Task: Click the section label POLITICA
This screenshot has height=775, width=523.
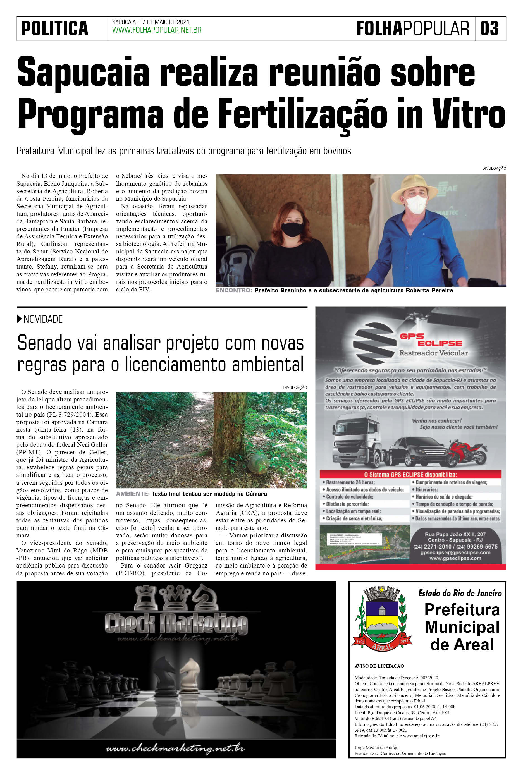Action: point(55,29)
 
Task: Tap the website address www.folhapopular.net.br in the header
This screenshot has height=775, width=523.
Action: point(157,30)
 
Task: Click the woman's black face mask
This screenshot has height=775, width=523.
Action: point(292,230)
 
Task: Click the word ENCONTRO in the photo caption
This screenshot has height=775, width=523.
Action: point(233,290)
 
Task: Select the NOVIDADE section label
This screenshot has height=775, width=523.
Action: point(43,319)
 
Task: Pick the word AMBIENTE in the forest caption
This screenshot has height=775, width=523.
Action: point(132,494)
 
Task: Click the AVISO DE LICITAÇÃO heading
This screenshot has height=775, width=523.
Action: point(379,666)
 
